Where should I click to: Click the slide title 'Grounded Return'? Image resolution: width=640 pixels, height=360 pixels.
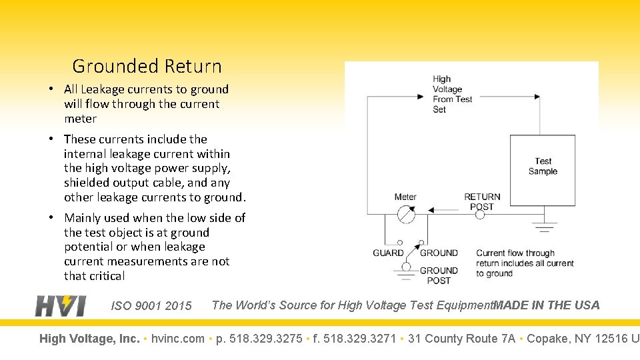tap(147, 67)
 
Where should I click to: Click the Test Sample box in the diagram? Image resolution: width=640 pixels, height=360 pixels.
tap(543, 170)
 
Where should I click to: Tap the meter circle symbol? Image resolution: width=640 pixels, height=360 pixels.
tap(405, 214)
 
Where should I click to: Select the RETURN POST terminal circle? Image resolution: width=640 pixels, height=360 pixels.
tap(480, 215)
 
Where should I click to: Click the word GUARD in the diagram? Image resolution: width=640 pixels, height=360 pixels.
tap(388, 253)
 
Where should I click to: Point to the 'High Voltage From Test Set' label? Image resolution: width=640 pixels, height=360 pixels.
tap(452, 94)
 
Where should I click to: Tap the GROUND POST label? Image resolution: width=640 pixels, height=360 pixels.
tap(439, 275)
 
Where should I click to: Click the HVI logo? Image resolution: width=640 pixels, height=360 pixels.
tap(61, 305)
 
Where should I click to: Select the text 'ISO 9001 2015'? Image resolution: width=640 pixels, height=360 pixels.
tap(151, 306)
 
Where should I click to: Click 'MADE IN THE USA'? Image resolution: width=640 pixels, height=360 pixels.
tap(547, 305)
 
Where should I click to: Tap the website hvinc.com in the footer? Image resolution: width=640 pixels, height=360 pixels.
tap(177, 339)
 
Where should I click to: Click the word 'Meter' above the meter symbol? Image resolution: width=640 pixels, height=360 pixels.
tap(405, 197)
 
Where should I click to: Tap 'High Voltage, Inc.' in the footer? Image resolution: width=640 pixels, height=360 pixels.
tap(89, 339)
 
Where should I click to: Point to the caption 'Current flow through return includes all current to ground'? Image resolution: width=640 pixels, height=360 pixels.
tap(525, 263)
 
